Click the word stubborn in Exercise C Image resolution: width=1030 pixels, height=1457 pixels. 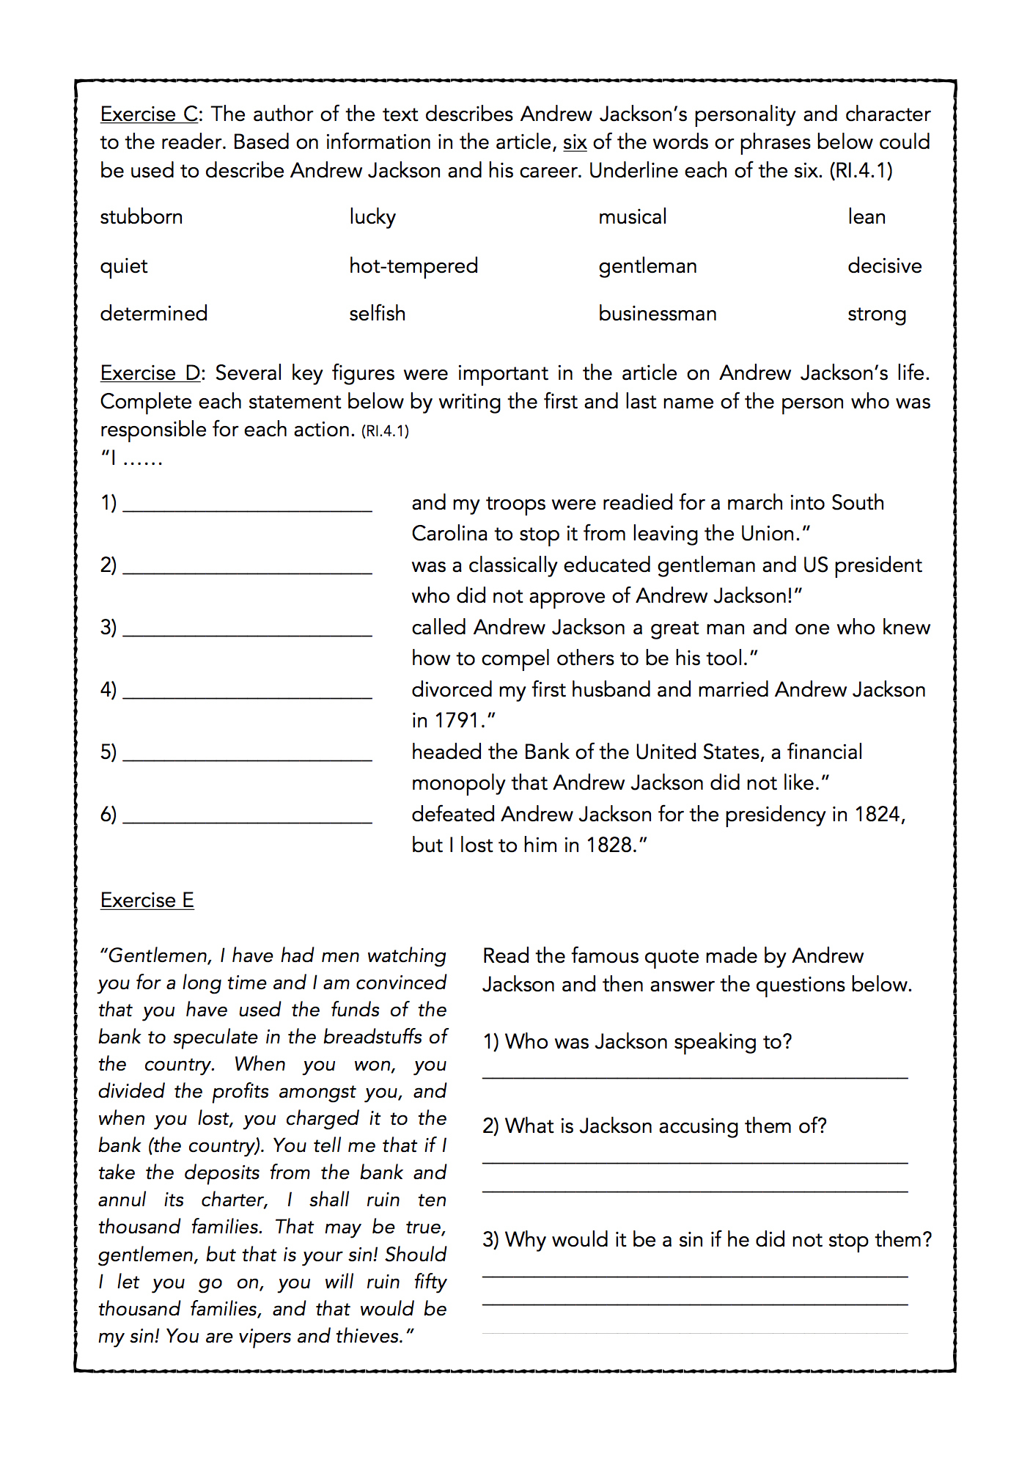pos(141,217)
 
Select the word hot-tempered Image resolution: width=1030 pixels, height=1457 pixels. pos(413,265)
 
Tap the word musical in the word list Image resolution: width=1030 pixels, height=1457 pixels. pos(632,217)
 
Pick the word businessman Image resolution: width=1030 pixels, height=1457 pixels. pos(657,314)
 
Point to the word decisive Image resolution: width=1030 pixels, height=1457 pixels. pos(884,265)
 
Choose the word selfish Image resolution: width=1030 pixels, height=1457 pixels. pos(377,314)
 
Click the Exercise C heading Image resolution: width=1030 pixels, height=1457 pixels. pos(151,114)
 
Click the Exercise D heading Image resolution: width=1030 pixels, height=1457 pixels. pos(152,373)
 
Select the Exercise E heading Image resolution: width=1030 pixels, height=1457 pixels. pos(147,900)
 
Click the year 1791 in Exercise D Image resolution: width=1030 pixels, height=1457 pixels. pos(457,721)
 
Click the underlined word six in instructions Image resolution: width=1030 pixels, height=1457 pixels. pos(575,142)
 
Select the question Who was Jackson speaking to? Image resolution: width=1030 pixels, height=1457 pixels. pos(637,1042)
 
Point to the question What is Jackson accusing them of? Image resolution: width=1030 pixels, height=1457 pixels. pos(654,1126)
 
